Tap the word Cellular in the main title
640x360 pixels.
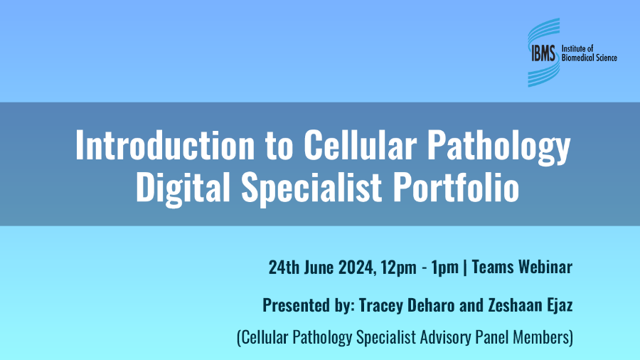346,147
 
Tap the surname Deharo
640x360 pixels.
430,305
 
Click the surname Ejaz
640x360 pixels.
558,306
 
